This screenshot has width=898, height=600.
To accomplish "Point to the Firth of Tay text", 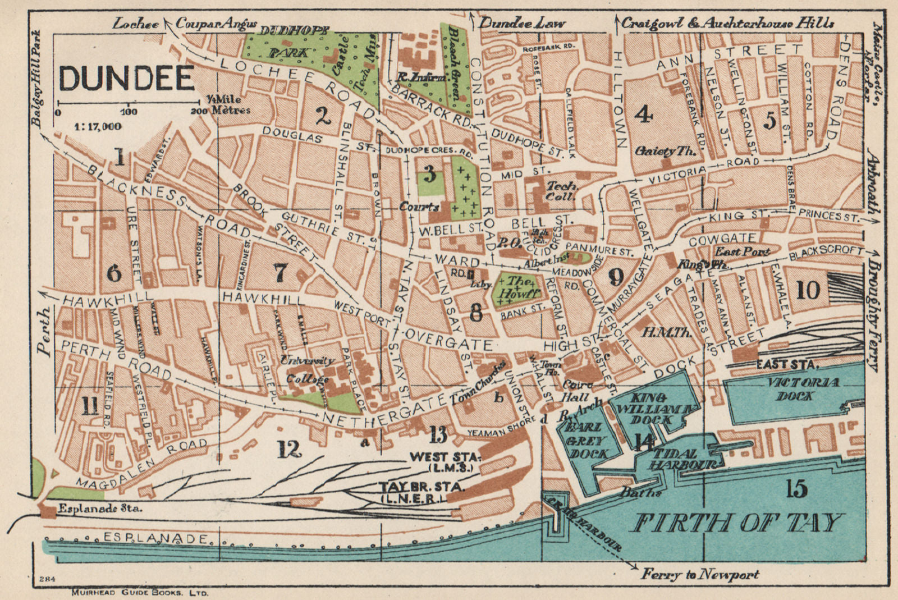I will pyautogui.click(x=737, y=523).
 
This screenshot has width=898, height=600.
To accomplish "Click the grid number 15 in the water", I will pyautogui.click(x=797, y=488).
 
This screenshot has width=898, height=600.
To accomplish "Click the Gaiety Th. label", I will pyautogui.click(x=666, y=151).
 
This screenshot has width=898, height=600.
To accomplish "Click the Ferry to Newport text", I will pyautogui.click(x=700, y=574).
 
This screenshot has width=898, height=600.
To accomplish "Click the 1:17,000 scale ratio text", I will pyautogui.click(x=97, y=126).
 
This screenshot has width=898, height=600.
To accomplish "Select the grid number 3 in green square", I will pyautogui.click(x=429, y=175).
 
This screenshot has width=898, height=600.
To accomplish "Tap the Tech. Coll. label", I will pyautogui.click(x=561, y=190).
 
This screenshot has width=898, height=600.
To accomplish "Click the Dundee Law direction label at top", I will pyautogui.click(x=522, y=24).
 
